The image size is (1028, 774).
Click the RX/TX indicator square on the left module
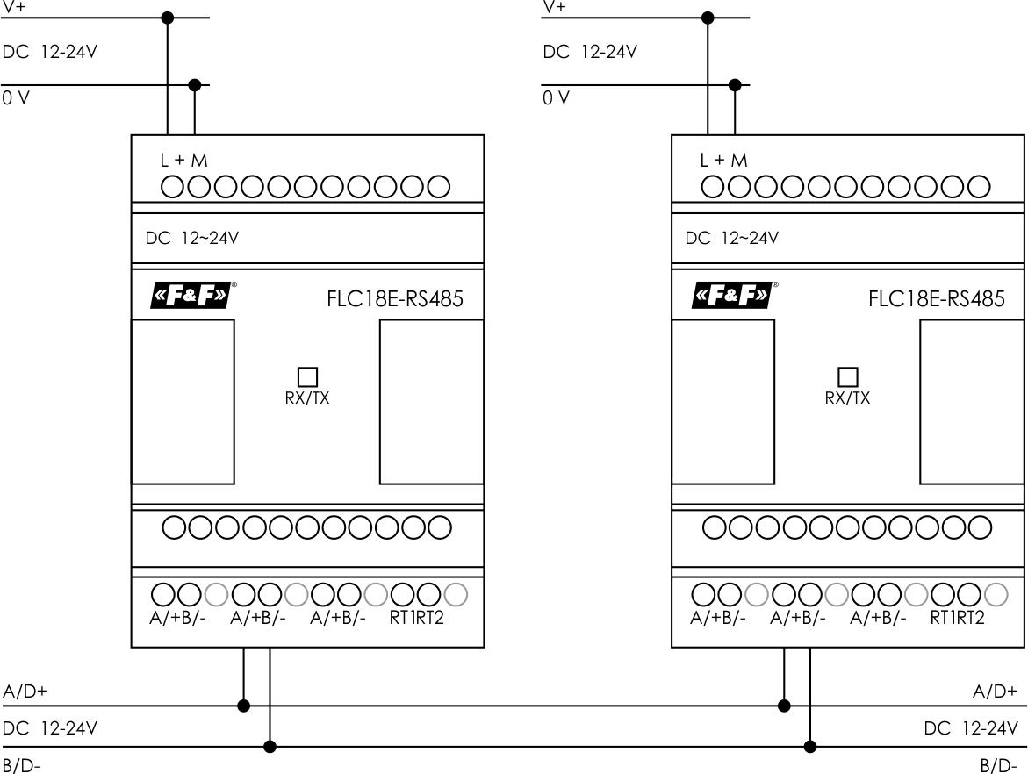tap(307, 376)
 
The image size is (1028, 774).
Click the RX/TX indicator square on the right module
tap(847, 376)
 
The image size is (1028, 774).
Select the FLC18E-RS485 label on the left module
tap(395, 299)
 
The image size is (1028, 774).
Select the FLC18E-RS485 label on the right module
tap(936, 299)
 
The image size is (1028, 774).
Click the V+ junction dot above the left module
tap(168, 17)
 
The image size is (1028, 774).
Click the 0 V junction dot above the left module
tap(195, 85)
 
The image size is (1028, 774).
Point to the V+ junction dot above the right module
tap(708, 17)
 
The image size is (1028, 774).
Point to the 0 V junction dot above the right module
tap(736, 85)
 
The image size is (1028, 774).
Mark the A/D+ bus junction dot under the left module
tap(244, 705)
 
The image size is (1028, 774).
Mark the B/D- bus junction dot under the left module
tap(270, 747)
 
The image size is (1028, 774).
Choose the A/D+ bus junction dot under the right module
tap(784, 705)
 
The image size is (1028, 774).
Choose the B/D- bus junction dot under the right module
tap(810, 747)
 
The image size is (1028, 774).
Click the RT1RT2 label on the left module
tap(417, 617)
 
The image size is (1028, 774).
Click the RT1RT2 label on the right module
tap(958, 617)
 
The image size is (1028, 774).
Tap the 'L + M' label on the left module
tap(183, 161)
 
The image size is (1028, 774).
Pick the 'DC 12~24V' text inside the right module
tap(731, 238)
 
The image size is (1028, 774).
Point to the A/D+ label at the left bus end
tap(25, 691)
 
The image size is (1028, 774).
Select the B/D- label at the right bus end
tap(998, 766)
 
